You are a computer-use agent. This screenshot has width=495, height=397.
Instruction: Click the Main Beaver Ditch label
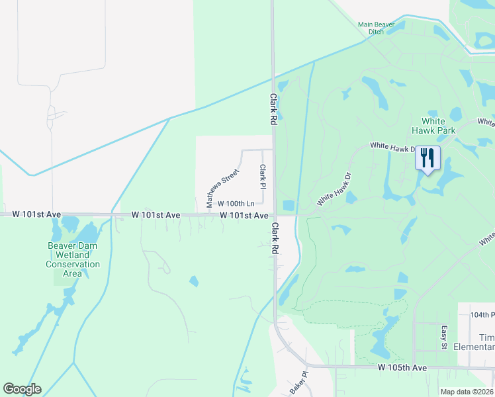tap(376, 28)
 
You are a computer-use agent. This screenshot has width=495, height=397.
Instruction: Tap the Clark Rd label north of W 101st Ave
tap(273, 109)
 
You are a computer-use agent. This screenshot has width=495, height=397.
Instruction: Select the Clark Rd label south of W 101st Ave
tap(273, 239)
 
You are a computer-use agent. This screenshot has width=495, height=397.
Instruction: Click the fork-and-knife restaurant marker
tap(427, 159)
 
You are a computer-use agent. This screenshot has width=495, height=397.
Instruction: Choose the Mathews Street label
tap(222, 187)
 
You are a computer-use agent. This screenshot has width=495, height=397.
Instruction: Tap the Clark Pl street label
tap(263, 176)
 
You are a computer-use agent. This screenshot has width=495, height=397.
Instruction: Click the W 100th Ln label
tap(236, 203)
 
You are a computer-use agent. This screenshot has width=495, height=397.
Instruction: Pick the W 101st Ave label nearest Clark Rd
tap(244, 216)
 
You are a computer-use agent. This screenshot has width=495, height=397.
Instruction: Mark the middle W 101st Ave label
tap(156, 215)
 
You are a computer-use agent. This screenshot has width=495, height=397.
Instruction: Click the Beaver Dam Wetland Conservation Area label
tap(73, 259)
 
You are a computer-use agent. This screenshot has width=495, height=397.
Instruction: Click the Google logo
tap(22, 389)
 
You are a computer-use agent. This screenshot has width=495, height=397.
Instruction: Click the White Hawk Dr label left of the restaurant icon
tap(392, 146)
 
